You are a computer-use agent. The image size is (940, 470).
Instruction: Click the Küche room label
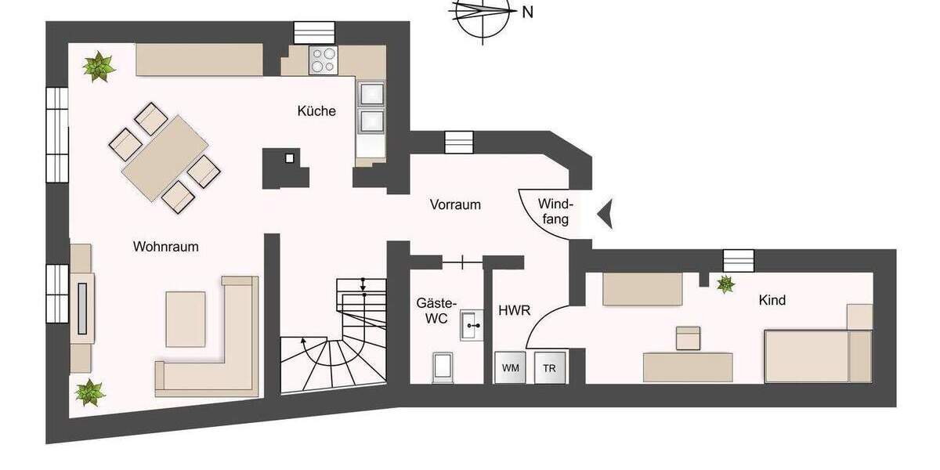316,111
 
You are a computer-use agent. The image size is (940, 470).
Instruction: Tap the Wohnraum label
165,247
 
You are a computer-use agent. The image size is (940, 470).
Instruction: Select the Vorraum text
455,204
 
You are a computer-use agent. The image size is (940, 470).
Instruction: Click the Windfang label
553,211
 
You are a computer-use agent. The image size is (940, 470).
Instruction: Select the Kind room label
772,300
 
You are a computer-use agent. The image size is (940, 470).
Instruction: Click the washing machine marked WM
509,368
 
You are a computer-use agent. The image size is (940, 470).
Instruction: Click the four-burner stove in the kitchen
323,60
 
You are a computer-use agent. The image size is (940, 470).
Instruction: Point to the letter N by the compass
527,12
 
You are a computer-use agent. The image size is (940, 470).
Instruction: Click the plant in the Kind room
726,284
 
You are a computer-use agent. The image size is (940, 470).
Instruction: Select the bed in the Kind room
817,355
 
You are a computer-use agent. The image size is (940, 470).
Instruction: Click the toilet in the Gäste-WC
443,367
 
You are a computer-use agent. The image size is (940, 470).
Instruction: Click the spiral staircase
334,345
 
